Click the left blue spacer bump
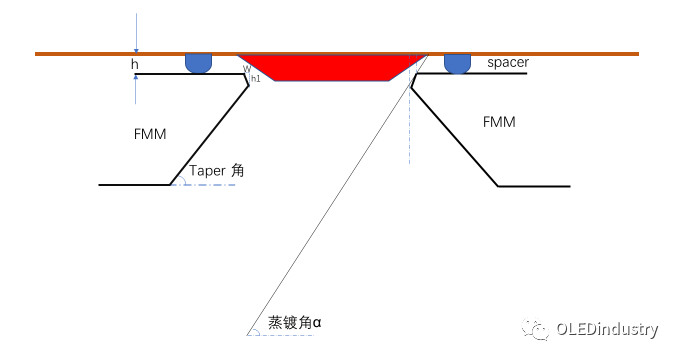pyautogui.click(x=199, y=63)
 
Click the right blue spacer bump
pyautogui.click(x=458, y=63)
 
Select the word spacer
pyautogui.click(x=508, y=63)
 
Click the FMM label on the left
pyautogui.click(x=149, y=133)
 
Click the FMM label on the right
pyautogui.click(x=499, y=122)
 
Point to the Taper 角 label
pyautogui.click(x=216, y=171)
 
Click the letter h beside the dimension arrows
pyautogui.click(x=135, y=64)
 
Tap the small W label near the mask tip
pyautogui.click(x=246, y=69)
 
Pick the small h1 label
pyautogui.click(x=256, y=78)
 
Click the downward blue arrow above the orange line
pyautogui.click(x=135, y=36)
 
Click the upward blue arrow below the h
pyautogui.click(x=135, y=90)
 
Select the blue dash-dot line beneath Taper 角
pyautogui.click(x=205, y=185)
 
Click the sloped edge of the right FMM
pyautogui.click(x=455, y=135)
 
